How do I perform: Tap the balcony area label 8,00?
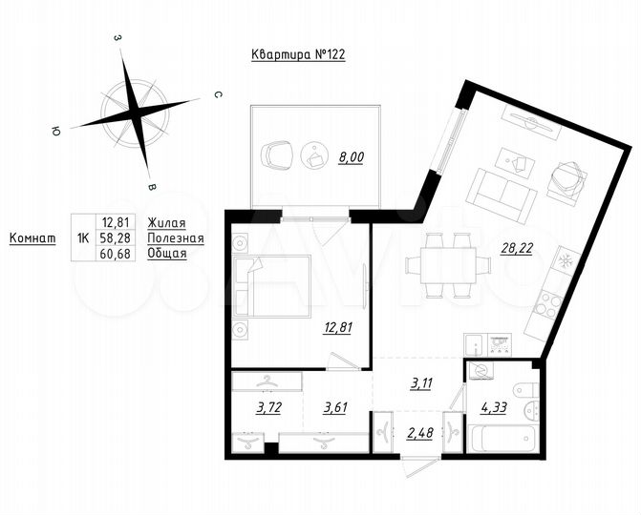(x=351, y=158)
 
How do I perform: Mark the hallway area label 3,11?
(x=421, y=384)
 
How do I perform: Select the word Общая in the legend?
(x=167, y=253)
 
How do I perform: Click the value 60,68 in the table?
(x=117, y=253)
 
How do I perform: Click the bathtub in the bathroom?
(x=503, y=441)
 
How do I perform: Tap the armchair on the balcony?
(x=277, y=152)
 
